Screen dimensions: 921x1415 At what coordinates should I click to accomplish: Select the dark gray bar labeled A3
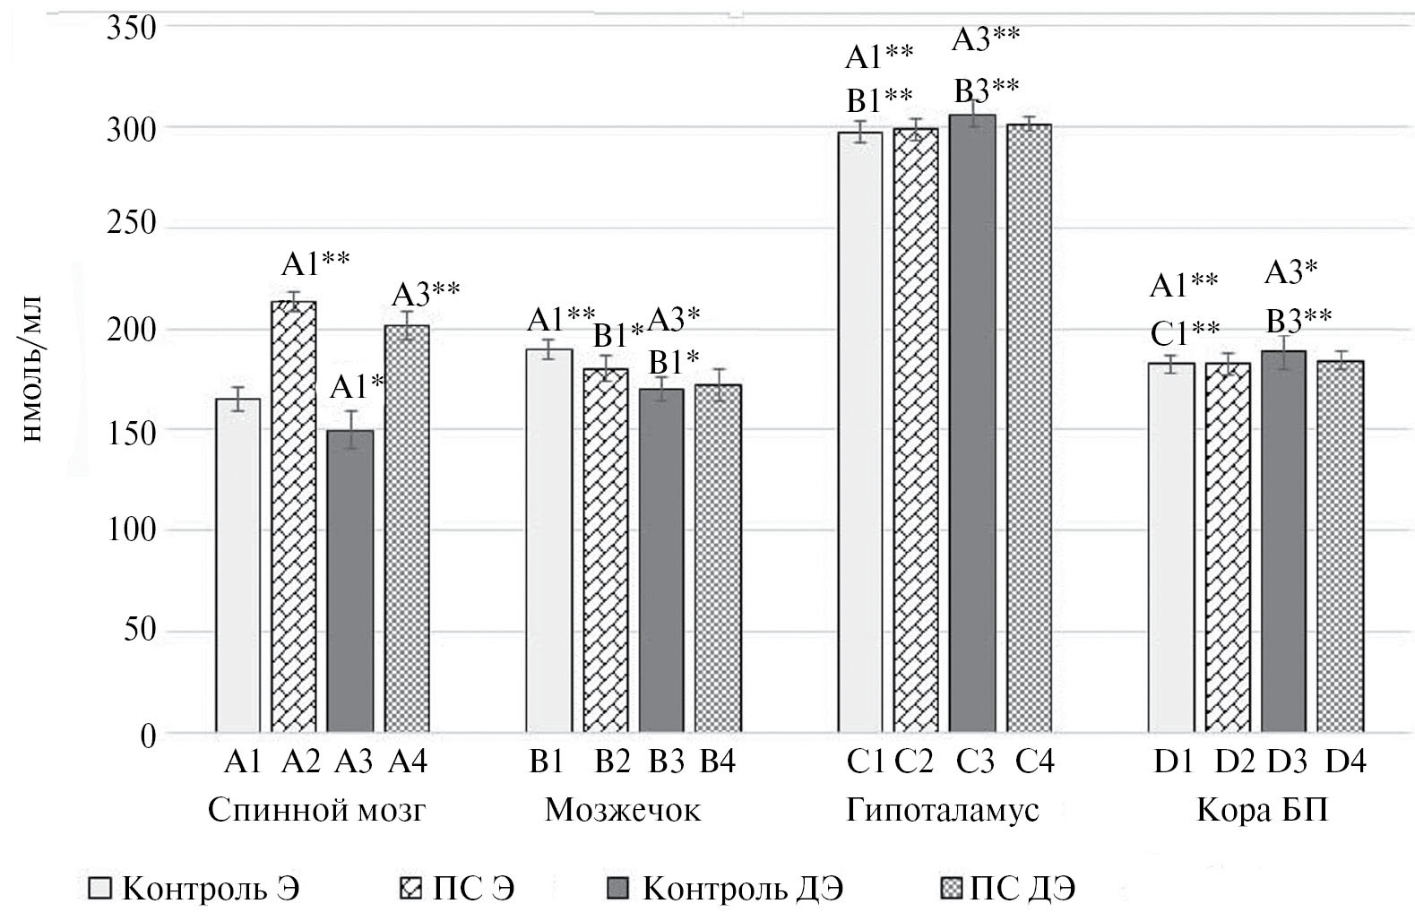(350, 582)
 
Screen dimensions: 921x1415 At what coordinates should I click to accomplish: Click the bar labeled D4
(1341, 547)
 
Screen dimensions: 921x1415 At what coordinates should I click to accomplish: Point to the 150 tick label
(132, 431)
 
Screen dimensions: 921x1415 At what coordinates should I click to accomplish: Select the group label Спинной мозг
(316, 811)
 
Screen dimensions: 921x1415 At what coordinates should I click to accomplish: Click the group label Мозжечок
(623, 811)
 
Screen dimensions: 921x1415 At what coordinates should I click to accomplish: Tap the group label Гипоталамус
(943, 811)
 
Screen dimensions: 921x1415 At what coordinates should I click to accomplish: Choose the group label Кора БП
(1262, 811)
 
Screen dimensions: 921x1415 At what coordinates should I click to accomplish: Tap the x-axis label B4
(717, 762)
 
